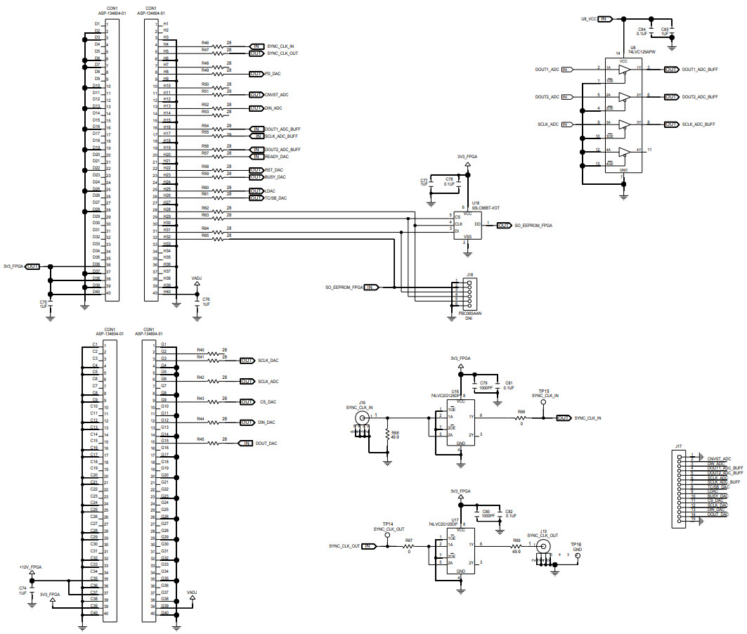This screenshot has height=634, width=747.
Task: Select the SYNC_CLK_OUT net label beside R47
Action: pyautogui.click(x=283, y=53)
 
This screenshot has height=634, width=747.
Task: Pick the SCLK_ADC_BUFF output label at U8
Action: pyautogui.click(x=699, y=124)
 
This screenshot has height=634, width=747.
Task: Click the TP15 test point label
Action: pyautogui.click(x=543, y=391)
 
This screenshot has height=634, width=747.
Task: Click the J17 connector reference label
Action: pyautogui.click(x=678, y=446)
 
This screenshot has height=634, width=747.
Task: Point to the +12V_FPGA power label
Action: pyautogui.click(x=30, y=567)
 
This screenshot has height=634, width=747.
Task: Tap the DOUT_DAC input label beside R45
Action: pyautogui.click(x=266, y=444)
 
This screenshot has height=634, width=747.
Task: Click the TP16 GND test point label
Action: pyautogui.click(x=576, y=546)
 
